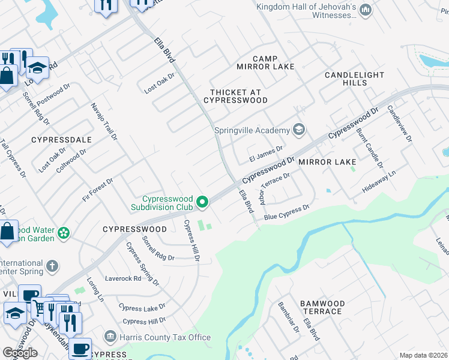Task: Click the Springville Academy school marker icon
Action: (298, 130)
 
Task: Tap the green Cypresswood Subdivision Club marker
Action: (202, 202)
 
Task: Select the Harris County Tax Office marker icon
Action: (110, 337)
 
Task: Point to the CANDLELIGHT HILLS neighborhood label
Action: (354, 80)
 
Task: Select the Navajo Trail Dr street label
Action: (103, 122)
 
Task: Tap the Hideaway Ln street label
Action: (379, 182)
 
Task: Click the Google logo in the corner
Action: (19, 353)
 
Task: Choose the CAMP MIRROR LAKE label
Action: (265, 62)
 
